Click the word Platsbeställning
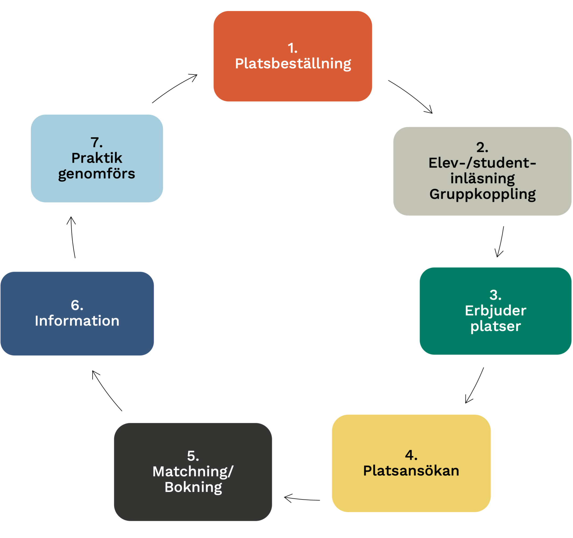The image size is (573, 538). [293, 63]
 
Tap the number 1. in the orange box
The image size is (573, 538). [292, 48]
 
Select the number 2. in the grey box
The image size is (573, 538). [482, 147]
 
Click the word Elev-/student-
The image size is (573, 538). [482, 163]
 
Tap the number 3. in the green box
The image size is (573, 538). [495, 295]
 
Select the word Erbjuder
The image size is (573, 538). [496, 310]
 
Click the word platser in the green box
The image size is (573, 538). [496, 326]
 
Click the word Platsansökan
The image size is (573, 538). [411, 470]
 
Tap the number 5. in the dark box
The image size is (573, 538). [193, 456]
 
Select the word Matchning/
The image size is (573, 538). [193, 472]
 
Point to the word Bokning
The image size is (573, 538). [193, 487]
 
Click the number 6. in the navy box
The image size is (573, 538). [77, 305]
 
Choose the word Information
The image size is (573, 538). [77, 321]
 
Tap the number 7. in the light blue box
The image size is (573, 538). [97, 142]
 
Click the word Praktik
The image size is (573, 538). [97, 158]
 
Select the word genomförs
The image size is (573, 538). [97, 174]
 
